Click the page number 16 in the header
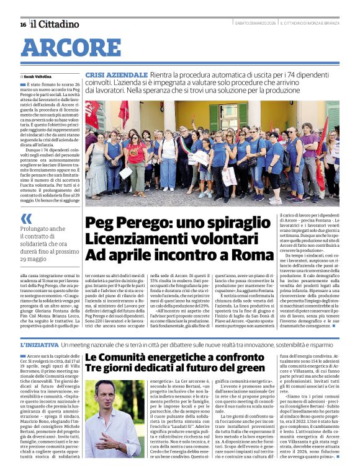23,24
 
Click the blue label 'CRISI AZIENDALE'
117,74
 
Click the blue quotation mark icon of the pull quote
26,218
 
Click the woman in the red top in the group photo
136,158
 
